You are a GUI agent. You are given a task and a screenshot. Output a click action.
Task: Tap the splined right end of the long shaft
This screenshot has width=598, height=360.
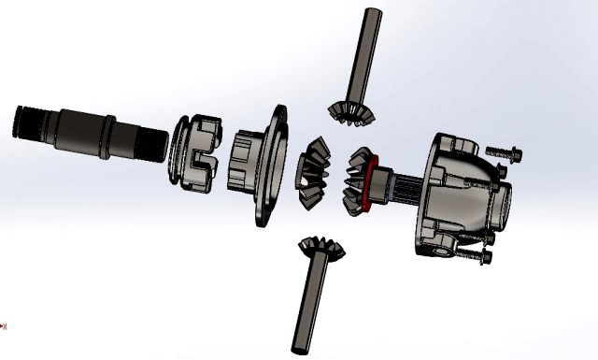155,145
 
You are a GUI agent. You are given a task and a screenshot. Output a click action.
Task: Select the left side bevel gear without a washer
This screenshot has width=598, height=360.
313,174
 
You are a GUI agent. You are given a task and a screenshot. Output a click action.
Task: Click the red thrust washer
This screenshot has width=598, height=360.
372,181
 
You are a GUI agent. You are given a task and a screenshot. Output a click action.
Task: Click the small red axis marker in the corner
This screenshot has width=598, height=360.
4,326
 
